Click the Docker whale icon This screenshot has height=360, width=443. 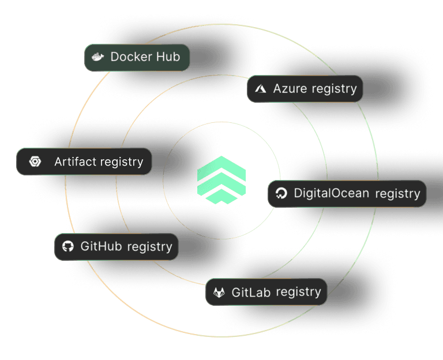(97, 57)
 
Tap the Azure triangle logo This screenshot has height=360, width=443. (261, 89)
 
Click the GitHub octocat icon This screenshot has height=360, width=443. (67, 246)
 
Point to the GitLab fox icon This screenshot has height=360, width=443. (219, 292)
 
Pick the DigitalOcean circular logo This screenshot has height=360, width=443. (281, 193)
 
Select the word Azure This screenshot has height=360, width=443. (290, 89)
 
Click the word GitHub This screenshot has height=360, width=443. (102, 246)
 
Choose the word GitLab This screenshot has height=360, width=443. (251, 292)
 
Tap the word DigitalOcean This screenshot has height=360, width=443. (331, 193)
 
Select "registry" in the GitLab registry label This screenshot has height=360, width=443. (298, 292)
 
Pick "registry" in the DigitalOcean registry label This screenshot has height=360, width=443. (397, 193)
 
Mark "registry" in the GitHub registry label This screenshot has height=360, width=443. (149, 246)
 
